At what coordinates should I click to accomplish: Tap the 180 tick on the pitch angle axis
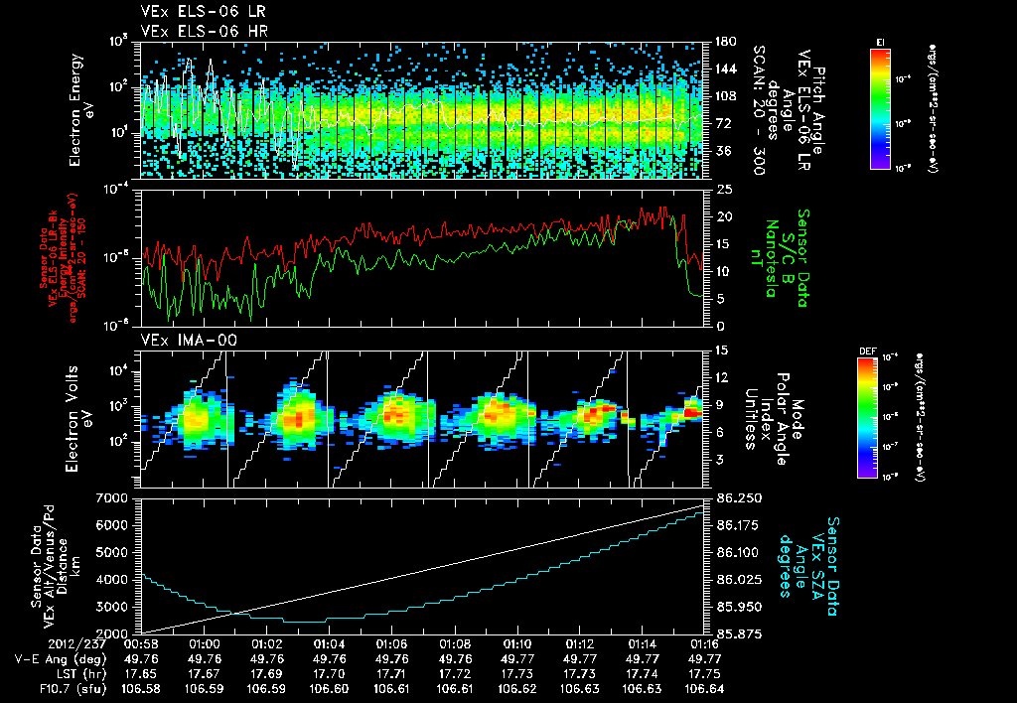coord(724,42)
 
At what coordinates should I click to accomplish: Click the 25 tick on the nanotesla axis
coord(724,189)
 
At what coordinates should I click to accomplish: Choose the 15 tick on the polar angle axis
coord(722,351)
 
